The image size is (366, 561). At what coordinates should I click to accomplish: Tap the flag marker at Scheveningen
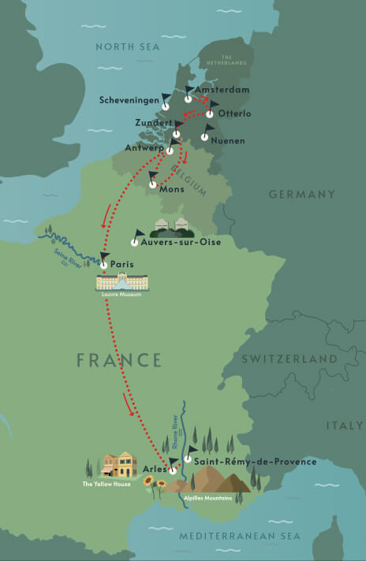point(166,101)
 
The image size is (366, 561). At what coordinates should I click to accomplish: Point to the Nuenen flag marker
point(206,132)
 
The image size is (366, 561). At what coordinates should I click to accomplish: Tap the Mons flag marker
point(154,179)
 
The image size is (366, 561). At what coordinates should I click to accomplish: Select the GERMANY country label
point(302,194)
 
